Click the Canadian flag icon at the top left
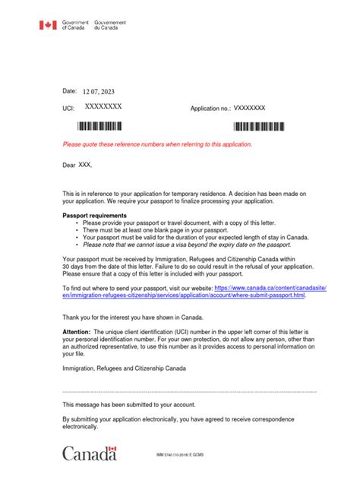point(48,26)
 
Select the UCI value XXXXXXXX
point(103,109)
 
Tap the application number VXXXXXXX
point(249,109)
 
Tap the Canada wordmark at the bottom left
point(90,453)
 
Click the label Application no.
point(210,109)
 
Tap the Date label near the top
point(69,91)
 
